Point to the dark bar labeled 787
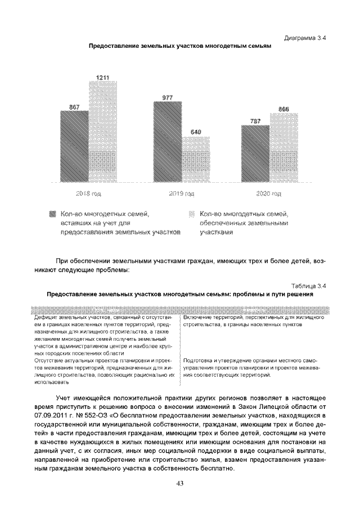pos(255,154)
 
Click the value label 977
pos(168,98)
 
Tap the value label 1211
pos(103,76)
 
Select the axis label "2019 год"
pos(181,194)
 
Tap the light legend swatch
pos(191,214)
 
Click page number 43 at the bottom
pos(180,483)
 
